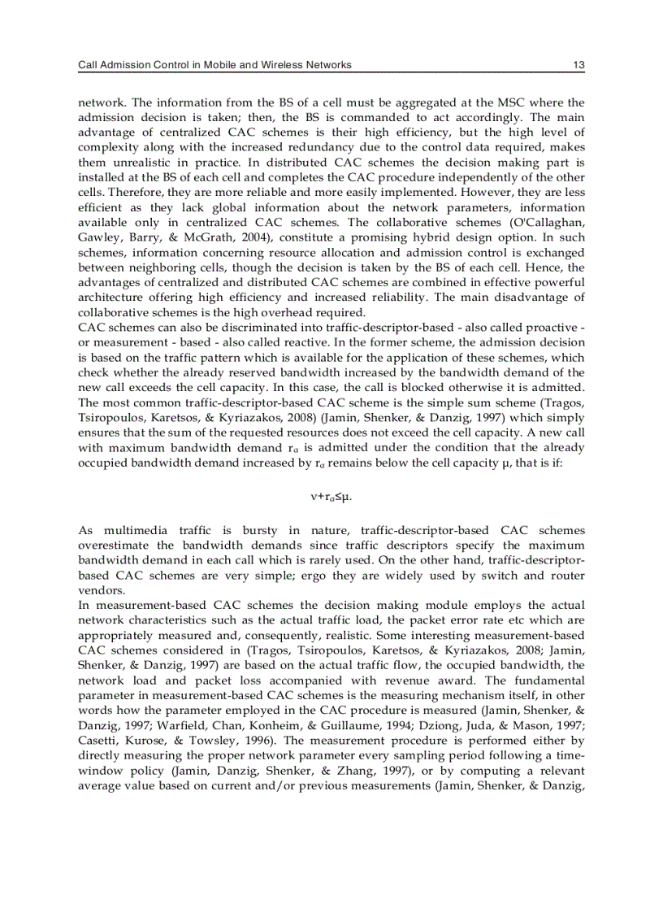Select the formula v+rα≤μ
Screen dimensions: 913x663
pos(331,495)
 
